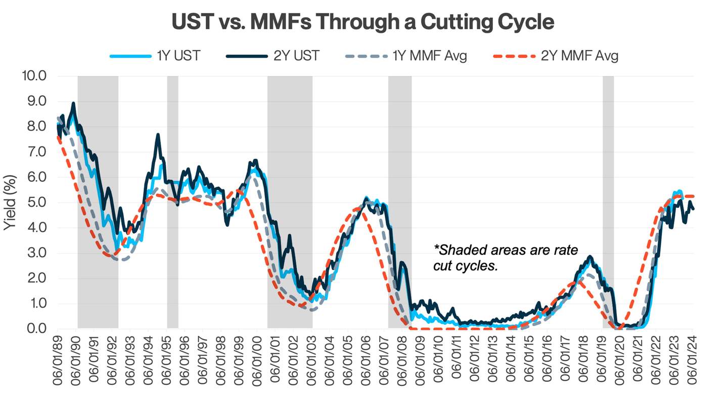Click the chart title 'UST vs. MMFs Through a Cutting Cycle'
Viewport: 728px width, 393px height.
tap(363, 23)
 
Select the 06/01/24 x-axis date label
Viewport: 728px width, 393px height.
tap(692, 360)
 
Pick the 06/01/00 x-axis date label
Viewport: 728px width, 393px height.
tap(258, 360)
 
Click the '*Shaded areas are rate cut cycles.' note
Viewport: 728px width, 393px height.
tap(506, 257)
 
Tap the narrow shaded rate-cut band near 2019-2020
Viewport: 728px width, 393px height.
tap(608, 202)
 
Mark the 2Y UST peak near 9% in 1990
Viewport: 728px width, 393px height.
tap(74, 104)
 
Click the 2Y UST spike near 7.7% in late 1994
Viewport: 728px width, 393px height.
tap(158, 135)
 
